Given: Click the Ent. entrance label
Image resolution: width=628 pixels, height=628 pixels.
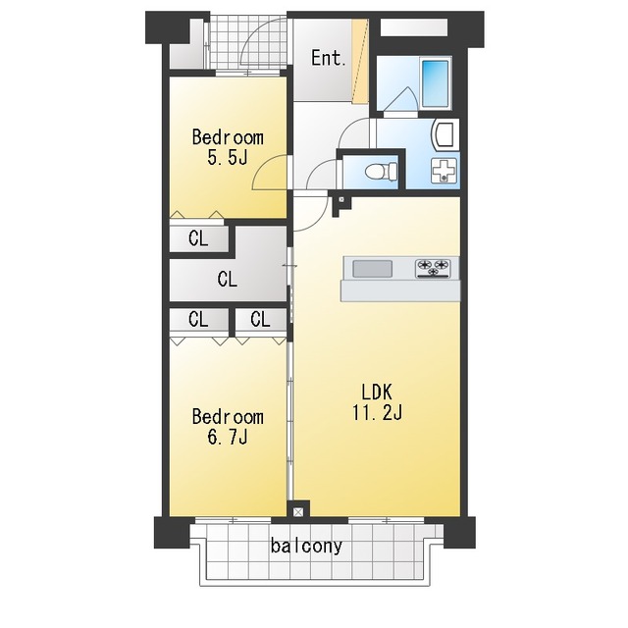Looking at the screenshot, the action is [328, 59].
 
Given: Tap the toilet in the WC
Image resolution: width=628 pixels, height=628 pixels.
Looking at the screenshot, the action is [381, 172].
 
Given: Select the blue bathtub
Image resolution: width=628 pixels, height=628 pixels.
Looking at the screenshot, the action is [435, 83].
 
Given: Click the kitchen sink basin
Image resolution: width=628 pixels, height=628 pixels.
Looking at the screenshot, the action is [372, 269].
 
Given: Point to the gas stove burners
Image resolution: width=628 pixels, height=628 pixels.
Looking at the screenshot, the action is [433, 268].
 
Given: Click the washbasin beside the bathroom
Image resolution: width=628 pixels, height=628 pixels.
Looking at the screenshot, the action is [445, 134].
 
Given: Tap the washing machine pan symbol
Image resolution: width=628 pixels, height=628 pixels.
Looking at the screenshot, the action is [444, 171].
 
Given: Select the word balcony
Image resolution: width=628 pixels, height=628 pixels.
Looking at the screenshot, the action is [306, 546].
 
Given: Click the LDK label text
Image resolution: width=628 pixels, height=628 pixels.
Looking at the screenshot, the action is [377, 392].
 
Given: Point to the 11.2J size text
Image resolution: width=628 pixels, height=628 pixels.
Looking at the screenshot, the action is [377, 412].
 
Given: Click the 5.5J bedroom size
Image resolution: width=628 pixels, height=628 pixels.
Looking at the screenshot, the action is [227, 157].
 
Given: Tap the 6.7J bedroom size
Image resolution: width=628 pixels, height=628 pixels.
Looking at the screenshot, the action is [227, 437].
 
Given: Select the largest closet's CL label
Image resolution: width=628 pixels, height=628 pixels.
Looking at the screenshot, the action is [227, 279].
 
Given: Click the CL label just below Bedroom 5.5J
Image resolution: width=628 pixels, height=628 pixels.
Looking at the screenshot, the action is [198, 239].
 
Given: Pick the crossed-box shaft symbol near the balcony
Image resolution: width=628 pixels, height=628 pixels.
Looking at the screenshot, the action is [298, 512].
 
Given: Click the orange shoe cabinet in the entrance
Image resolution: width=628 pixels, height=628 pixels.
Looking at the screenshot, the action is [360, 61].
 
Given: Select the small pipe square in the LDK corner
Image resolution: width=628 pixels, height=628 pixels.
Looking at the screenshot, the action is [341, 199].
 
